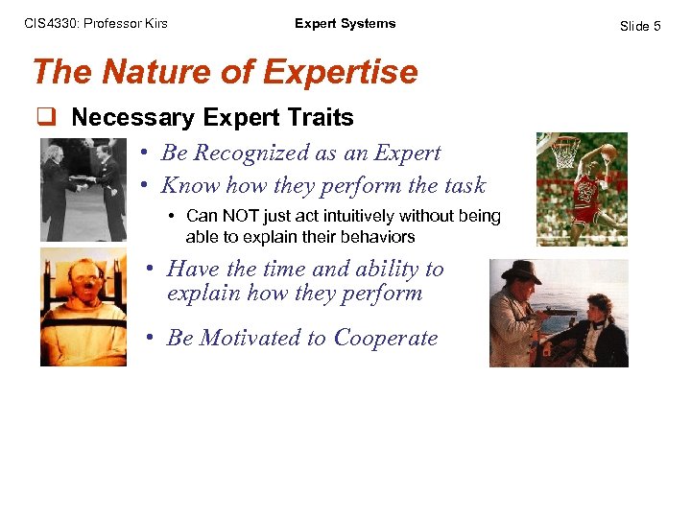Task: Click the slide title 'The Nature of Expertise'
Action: tap(225, 72)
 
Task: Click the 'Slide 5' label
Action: tap(640, 26)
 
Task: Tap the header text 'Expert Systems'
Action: tap(345, 24)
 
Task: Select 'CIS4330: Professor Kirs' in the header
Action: tap(96, 24)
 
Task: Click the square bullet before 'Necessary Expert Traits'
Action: tap(44, 118)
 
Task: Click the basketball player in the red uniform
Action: tap(594, 187)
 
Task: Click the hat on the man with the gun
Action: tap(521, 271)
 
